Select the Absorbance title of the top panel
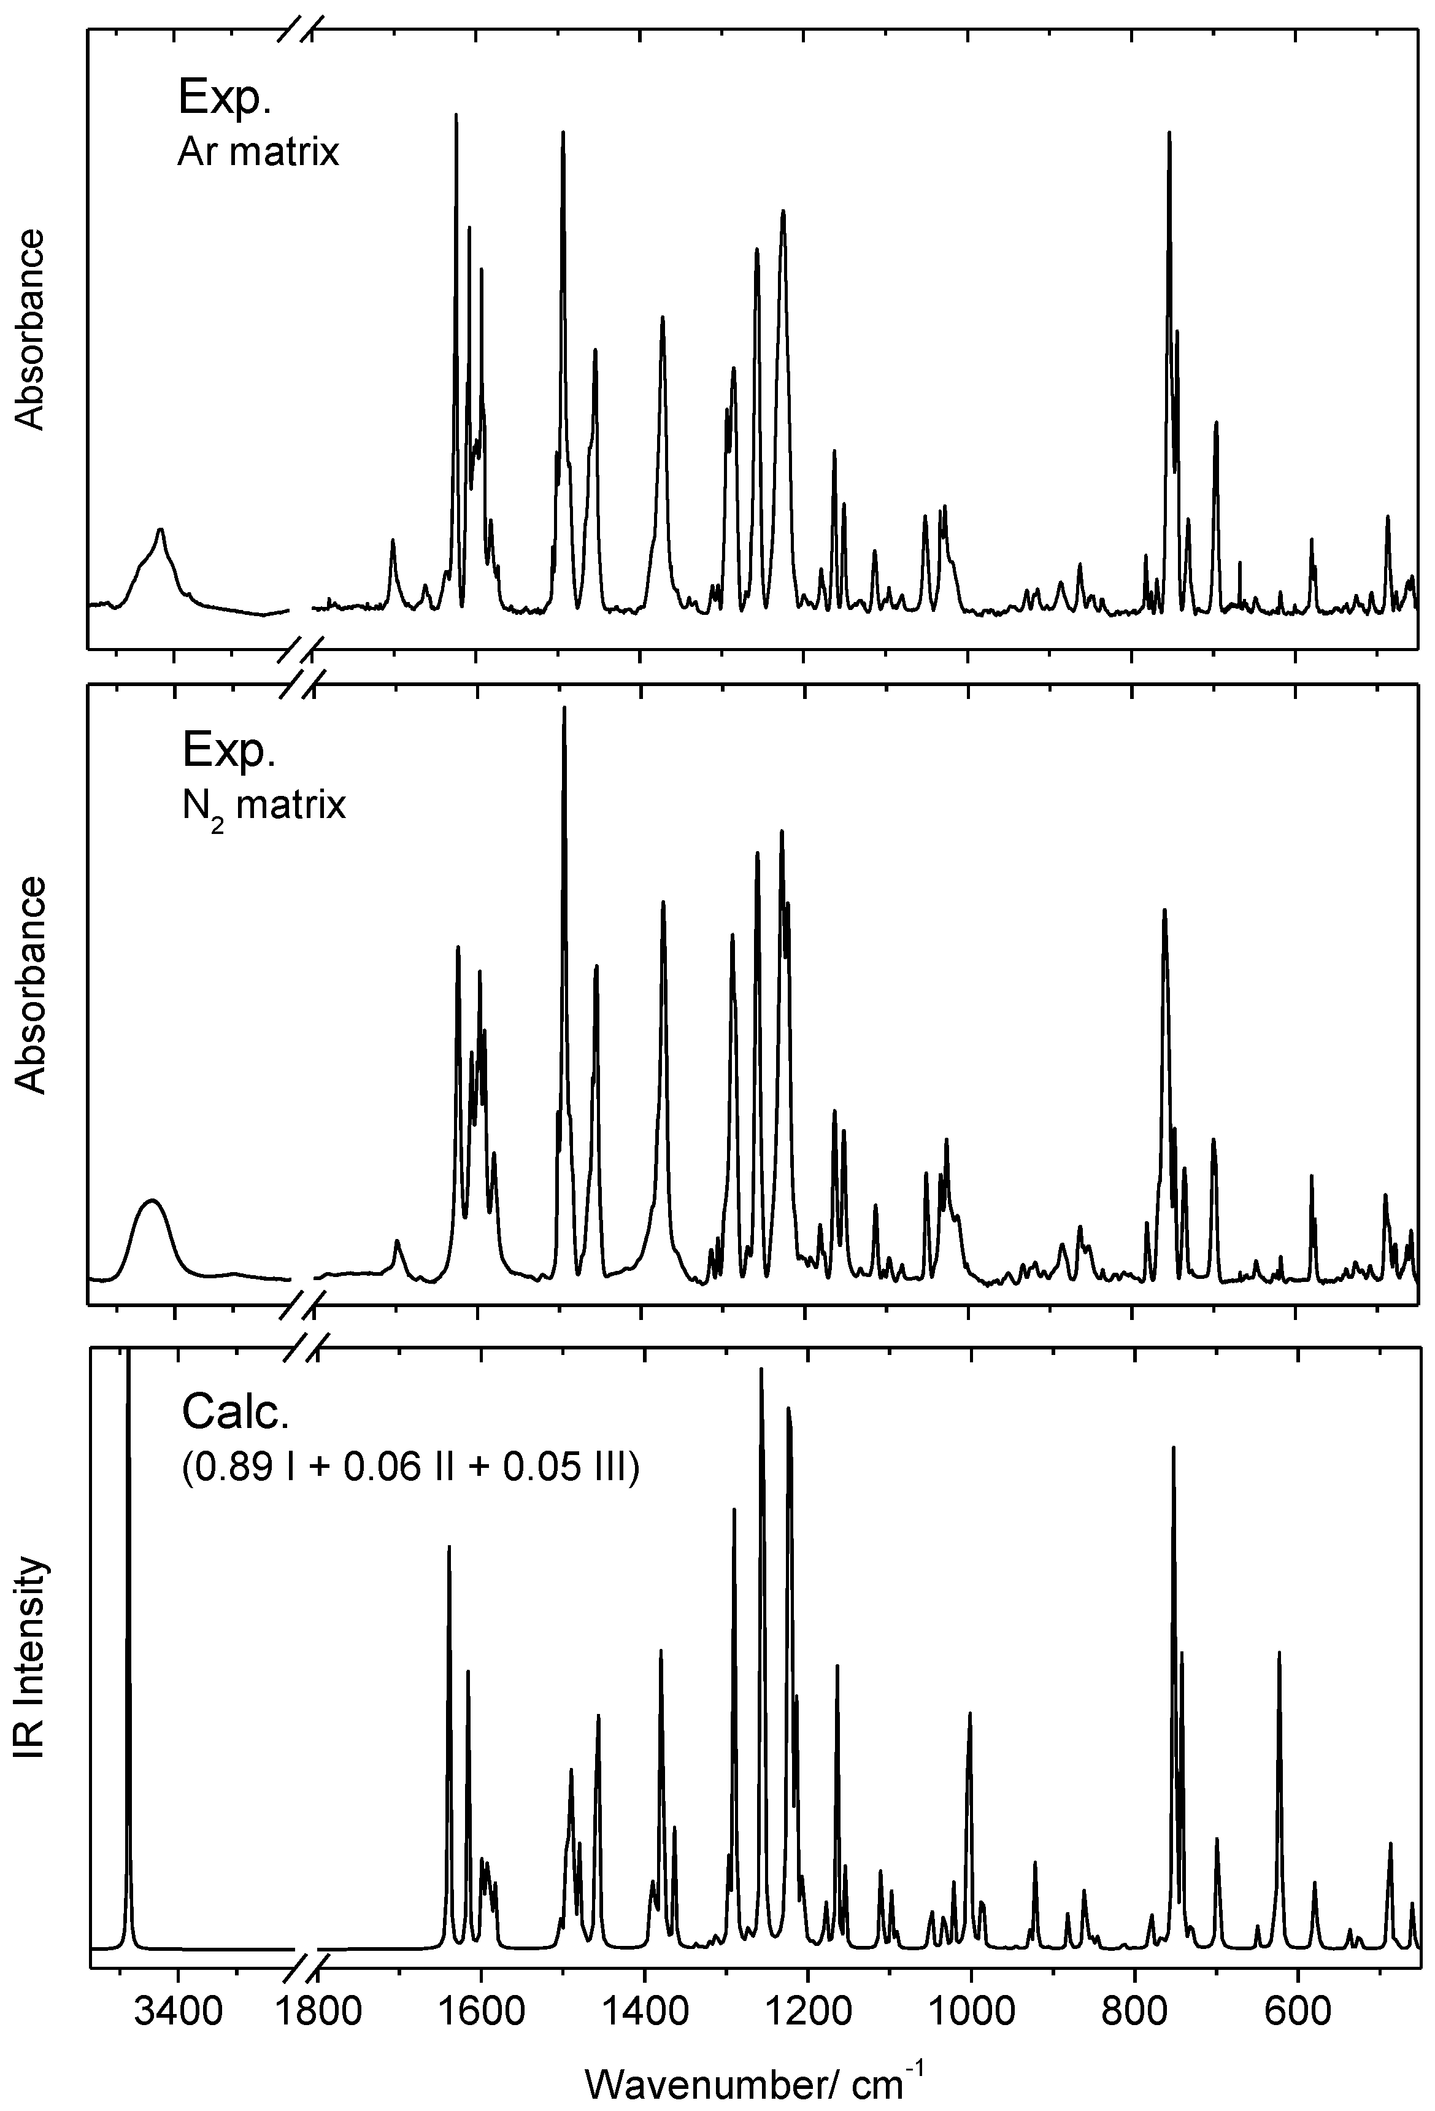click(x=30, y=329)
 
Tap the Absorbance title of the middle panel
click(x=30, y=985)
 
